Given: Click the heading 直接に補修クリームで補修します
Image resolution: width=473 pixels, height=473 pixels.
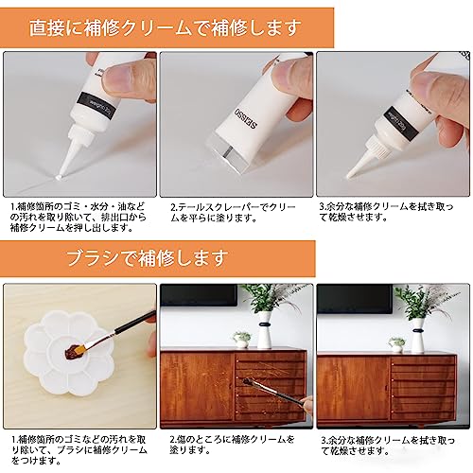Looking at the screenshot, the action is [165, 27].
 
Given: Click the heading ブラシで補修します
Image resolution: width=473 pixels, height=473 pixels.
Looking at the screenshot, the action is [147, 258].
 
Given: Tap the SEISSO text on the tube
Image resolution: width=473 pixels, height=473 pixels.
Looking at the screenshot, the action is [247, 117].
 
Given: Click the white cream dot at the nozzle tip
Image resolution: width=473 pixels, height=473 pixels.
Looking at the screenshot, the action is [59, 178].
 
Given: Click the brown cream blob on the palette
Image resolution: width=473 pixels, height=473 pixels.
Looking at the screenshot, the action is [73, 351].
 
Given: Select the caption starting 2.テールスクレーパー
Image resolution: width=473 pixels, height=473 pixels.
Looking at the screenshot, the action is [233, 212].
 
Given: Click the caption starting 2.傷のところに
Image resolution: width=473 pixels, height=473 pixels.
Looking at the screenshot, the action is [232, 445].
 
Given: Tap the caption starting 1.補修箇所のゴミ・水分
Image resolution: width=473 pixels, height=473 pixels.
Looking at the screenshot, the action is [79, 218].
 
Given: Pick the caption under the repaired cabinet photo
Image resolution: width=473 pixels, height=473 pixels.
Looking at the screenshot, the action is [388, 446].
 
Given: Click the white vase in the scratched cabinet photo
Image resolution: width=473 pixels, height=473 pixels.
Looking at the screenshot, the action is [264, 330].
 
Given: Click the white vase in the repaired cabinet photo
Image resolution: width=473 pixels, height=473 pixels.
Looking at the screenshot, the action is [417, 335].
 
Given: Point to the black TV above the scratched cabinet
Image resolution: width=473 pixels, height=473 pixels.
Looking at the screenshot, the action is [199, 295].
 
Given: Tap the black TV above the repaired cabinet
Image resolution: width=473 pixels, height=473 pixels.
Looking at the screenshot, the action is [355, 299].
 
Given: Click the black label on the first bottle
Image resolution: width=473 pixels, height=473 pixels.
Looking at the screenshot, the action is [96, 106].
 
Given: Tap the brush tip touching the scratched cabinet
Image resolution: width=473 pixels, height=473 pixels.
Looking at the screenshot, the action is [248, 381].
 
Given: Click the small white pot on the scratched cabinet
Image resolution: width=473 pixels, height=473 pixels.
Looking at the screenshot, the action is [242, 340].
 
